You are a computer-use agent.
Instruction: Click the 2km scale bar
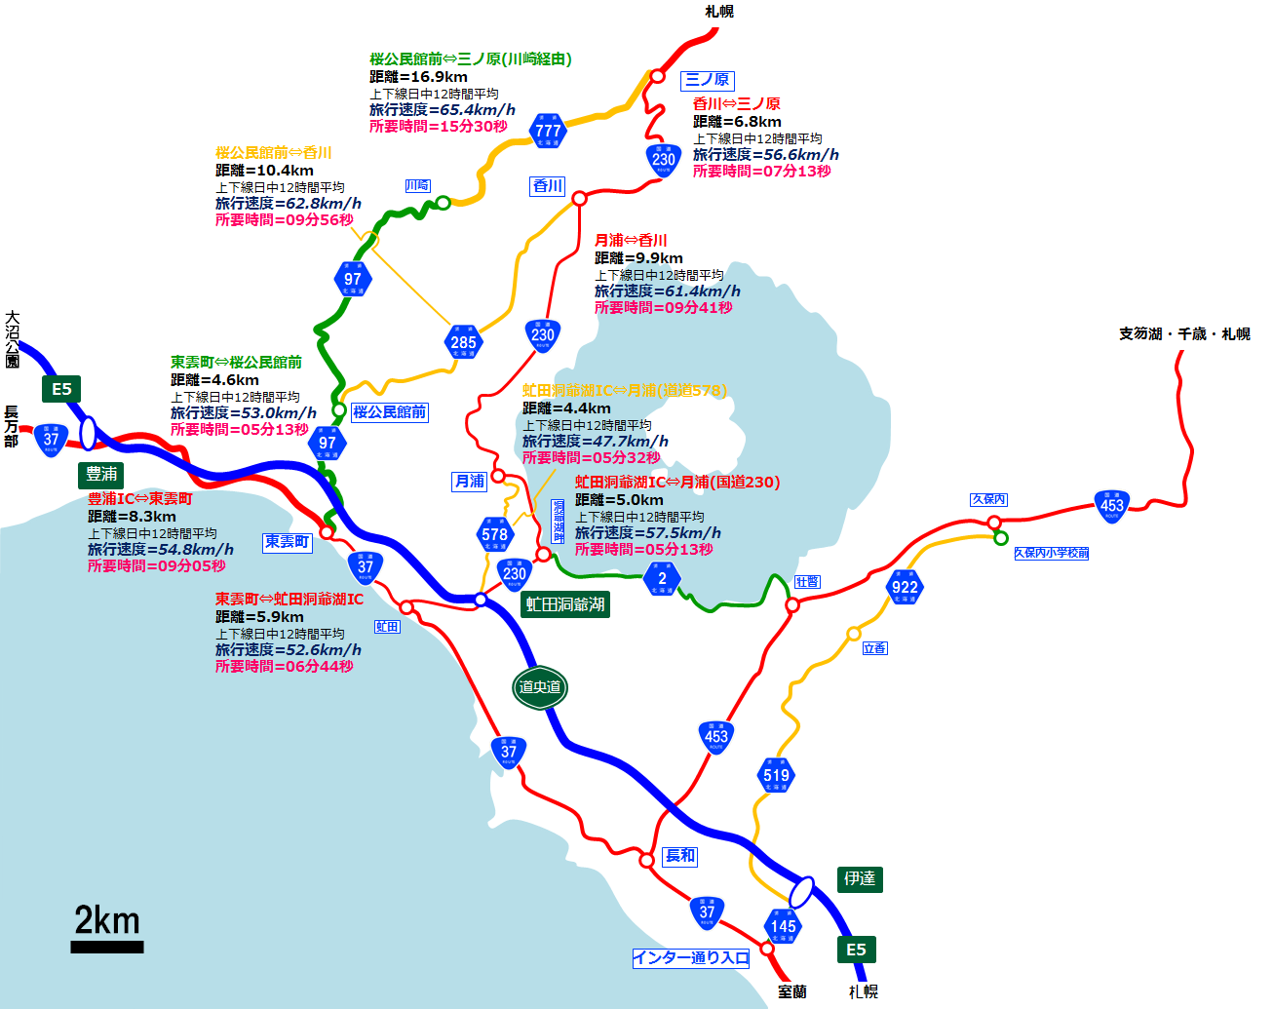click(x=107, y=946)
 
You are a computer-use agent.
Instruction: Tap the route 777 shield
click(x=548, y=130)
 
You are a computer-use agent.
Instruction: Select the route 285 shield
click(x=463, y=341)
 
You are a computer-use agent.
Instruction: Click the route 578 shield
click(x=494, y=533)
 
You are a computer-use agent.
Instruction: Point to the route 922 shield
click(x=905, y=586)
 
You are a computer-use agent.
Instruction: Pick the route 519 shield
click(x=776, y=775)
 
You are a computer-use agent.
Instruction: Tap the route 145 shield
click(x=784, y=925)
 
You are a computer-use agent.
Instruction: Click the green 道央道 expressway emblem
click(x=539, y=687)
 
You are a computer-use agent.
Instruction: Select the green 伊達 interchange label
click(x=859, y=878)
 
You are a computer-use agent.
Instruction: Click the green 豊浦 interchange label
click(x=101, y=474)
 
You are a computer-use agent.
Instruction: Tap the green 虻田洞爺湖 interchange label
click(x=565, y=604)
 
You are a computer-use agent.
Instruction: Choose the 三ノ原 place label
click(x=708, y=80)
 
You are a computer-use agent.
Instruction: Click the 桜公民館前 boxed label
click(x=389, y=412)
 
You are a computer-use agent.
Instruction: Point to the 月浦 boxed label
click(x=469, y=481)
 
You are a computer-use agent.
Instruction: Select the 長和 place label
click(x=680, y=855)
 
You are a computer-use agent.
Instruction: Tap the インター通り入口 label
click(x=691, y=958)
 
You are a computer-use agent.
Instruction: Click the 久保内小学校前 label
click(x=1051, y=553)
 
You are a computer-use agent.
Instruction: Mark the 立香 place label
click(x=874, y=647)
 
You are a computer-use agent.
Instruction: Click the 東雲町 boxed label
click(x=287, y=542)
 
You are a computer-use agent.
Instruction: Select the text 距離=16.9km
click(x=418, y=77)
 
